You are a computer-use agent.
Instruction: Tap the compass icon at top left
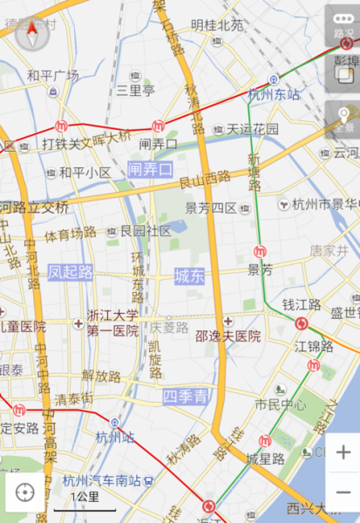point(33,35)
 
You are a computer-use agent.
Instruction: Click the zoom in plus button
point(343,452)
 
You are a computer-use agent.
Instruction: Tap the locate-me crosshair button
point(24,492)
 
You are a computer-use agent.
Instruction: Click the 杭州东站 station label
point(274,95)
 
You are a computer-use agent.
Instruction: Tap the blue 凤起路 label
point(71,272)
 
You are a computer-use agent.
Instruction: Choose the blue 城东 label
point(189,276)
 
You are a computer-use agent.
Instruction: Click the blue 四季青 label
point(186,397)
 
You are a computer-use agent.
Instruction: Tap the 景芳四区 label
point(211,208)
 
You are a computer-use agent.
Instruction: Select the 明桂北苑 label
point(217,25)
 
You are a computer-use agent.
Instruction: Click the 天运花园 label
point(253,129)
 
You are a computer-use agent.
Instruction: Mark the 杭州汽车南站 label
point(103,480)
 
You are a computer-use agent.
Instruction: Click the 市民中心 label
point(280,405)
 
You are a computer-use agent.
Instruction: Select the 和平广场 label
point(52,76)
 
